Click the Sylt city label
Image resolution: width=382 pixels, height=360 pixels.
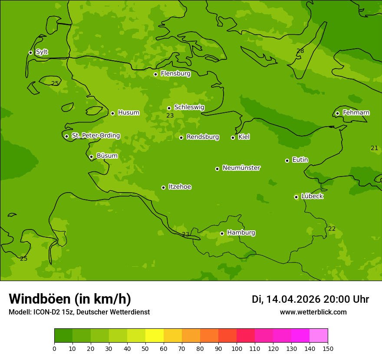[42, 52]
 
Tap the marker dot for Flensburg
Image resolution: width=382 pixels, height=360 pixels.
[155, 74]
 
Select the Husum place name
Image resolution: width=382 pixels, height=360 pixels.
[128, 113]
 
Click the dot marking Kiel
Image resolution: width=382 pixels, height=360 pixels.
[233, 137]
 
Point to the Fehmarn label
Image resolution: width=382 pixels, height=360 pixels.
[356, 113]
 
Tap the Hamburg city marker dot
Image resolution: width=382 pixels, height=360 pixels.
[222, 233]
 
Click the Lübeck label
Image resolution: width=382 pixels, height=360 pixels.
[312, 196]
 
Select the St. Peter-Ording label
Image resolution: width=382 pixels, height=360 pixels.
[95, 136]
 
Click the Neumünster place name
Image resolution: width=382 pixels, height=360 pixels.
[241, 168]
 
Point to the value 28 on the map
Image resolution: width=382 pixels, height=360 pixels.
[300, 51]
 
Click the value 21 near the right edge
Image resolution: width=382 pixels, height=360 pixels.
[374, 148]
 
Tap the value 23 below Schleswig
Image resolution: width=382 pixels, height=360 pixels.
[170, 116]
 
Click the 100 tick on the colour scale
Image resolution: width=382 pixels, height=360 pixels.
[237, 348]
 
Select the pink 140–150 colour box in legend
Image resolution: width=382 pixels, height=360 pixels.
[319, 336]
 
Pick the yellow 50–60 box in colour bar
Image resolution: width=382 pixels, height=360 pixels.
[155, 336]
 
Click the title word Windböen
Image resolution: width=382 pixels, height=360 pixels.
[40, 299]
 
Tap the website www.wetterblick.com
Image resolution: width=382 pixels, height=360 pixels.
[313, 312]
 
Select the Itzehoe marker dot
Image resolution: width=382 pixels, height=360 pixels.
[163, 187]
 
